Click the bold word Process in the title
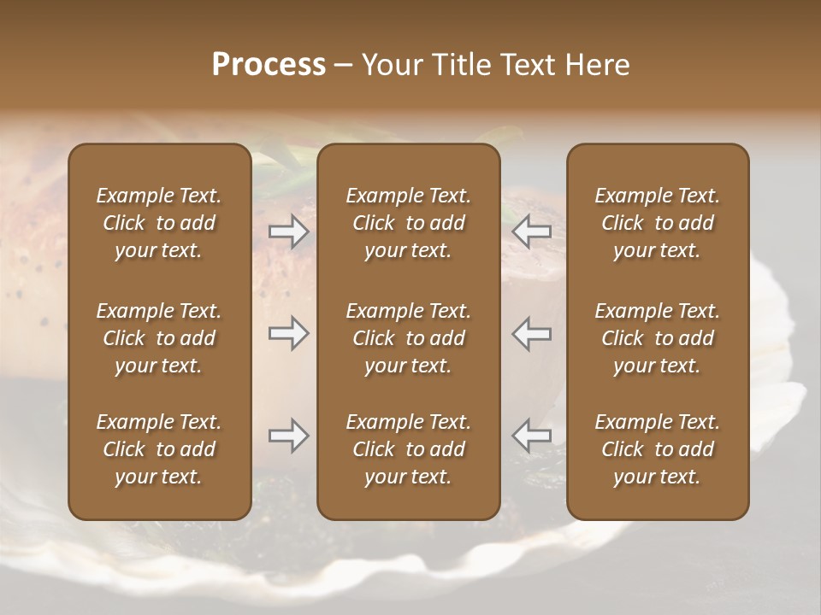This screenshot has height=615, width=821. coord(269,65)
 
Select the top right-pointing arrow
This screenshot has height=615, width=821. coord(289,231)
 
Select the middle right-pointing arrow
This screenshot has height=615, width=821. coord(289,333)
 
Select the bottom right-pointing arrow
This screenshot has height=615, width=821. coord(289,436)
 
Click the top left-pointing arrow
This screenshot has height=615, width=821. coord(532,231)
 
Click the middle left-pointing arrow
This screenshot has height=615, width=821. coord(532,333)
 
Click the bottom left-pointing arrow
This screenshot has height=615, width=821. coord(532,436)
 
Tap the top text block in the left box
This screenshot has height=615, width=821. coord(159,223)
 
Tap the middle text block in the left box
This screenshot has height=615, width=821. coord(159,338)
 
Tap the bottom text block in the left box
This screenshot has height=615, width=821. coord(159,449)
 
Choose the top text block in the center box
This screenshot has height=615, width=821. coord(409,223)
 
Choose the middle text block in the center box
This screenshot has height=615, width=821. coord(409,338)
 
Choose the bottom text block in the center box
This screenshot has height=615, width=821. coord(409,449)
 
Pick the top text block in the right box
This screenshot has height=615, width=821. coord(658,223)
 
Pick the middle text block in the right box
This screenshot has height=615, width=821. coord(658,338)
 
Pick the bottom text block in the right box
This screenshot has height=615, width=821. coord(658,449)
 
